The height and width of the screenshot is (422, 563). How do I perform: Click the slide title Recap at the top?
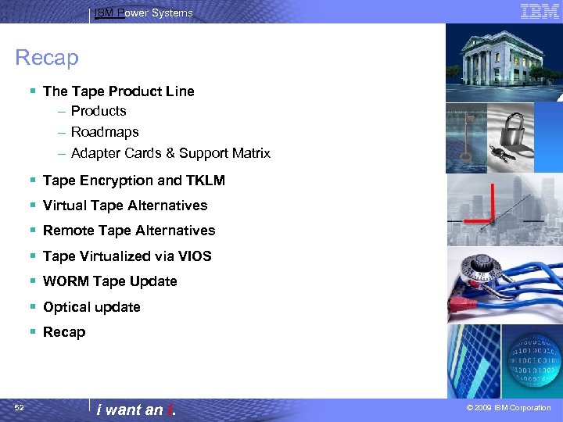pos(47,58)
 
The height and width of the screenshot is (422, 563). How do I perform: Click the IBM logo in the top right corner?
pos(540,11)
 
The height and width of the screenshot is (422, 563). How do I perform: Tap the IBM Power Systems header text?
pos(143,13)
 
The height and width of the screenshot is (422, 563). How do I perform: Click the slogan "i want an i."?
pos(134,409)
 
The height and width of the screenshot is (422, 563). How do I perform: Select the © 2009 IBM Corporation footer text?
pos(508,408)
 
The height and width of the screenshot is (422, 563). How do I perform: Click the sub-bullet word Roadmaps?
pos(105,132)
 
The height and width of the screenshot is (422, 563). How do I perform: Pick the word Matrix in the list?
pos(249,153)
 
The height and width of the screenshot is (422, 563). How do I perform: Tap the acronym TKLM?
pos(206,181)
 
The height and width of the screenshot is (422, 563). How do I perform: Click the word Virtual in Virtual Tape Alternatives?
pos(64,206)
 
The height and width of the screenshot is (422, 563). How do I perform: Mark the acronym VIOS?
pos(195,256)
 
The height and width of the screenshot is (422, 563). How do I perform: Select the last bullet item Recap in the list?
pos(64,332)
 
